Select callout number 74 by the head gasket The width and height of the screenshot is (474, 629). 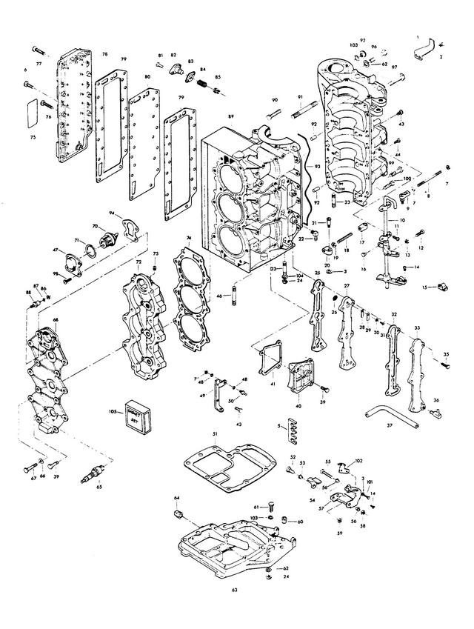coord(189,238)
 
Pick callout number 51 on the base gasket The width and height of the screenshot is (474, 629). coord(214,434)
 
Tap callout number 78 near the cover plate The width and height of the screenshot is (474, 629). coord(104,55)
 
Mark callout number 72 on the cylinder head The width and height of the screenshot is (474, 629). coord(138,262)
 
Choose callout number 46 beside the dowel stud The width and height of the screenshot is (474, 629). coord(218,296)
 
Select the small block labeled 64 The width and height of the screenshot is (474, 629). coord(178,514)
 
